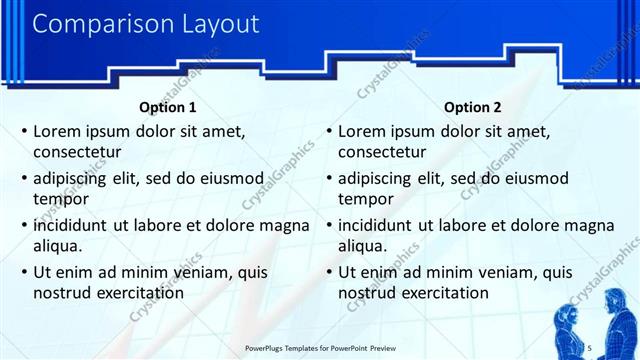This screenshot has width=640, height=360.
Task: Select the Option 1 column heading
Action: click(x=166, y=107)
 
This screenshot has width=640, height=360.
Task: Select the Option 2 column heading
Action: click(x=473, y=107)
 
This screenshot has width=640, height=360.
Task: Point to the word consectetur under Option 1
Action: click(x=77, y=152)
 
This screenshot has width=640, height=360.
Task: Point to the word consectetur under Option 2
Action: click(x=382, y=152)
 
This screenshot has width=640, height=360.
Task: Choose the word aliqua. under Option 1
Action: click(x=59, y=246)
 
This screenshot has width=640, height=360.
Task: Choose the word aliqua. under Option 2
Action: click(x=364, y=246)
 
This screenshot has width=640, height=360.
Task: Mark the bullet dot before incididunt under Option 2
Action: click(x=330, y=225)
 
